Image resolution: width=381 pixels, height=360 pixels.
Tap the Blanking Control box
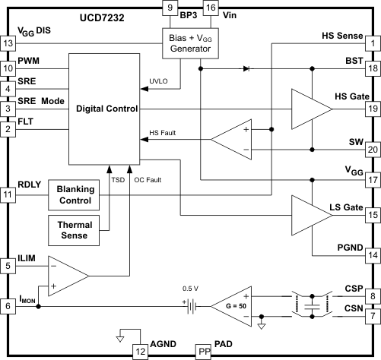75,194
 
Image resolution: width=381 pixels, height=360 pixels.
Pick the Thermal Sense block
75,231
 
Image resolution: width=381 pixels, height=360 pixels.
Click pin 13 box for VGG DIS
9,43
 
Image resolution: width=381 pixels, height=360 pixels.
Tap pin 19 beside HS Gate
373,109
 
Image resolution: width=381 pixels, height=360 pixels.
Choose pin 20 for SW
373,150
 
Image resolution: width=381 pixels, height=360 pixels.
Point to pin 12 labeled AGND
140,351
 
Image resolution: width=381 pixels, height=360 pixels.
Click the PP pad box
202,351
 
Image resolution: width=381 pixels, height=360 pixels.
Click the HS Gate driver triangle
307,109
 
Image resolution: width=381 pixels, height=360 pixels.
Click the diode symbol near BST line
245,69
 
